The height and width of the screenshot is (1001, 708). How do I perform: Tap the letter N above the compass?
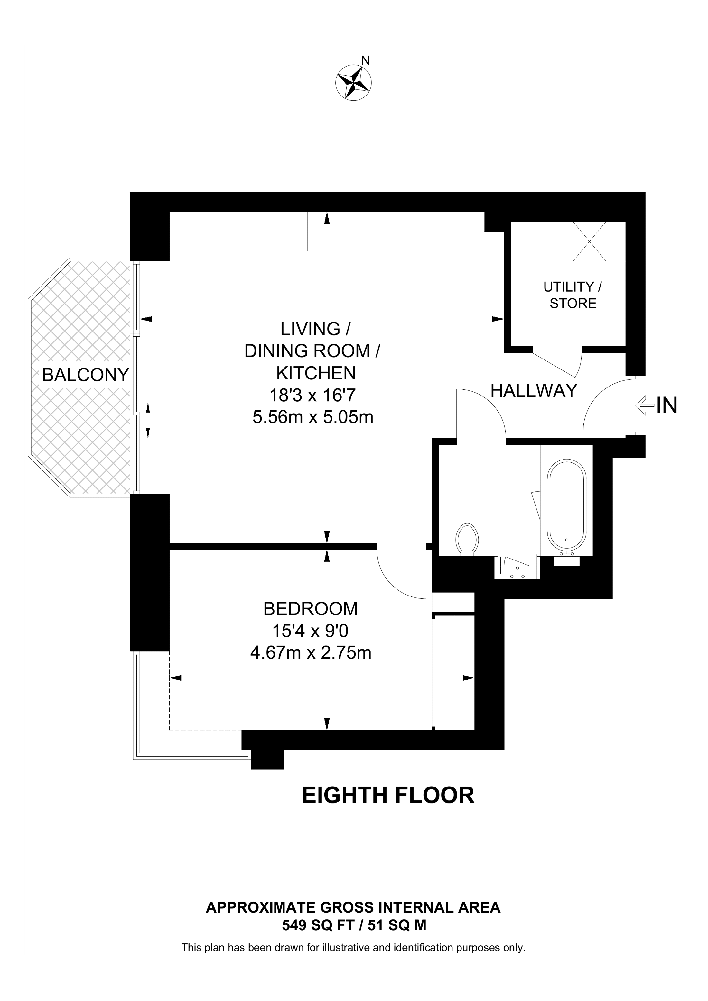(x=366, y=60)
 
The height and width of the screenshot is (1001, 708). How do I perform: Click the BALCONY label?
(x=86, y=375)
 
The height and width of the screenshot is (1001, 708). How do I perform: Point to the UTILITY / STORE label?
(x=573, y=295)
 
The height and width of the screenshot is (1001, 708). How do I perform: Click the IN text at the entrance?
(x=666, y=405)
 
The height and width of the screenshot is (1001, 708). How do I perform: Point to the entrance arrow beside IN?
(x=645, y=405)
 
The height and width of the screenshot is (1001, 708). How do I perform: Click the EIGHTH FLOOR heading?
(x=388, y=795)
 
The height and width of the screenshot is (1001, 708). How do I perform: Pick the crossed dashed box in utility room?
(x=589, y=241)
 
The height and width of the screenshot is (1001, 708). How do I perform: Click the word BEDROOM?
(x=311, y=609)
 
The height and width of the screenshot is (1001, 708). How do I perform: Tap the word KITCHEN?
(x=316, y=373)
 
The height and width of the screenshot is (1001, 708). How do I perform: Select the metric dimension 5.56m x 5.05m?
(x=313, y=417)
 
